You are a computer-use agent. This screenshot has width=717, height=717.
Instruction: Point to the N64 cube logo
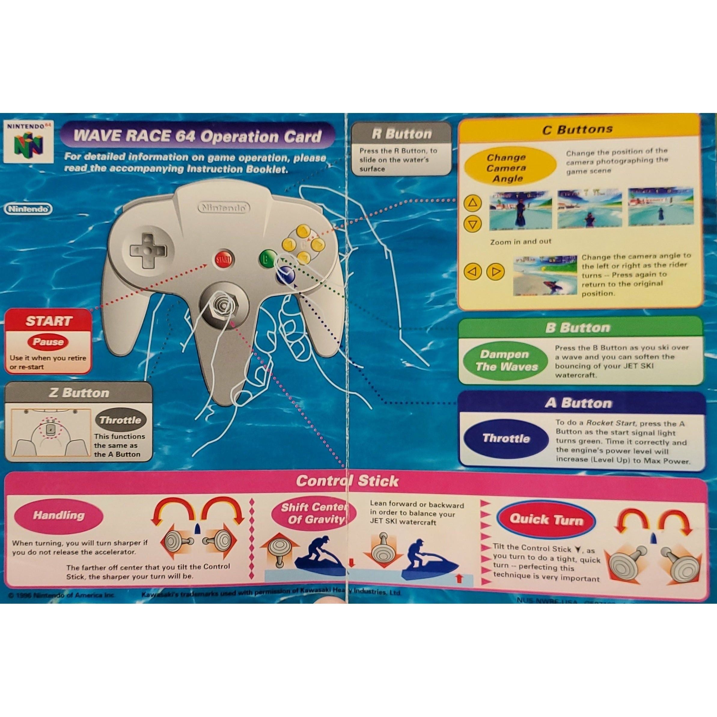(29, 145)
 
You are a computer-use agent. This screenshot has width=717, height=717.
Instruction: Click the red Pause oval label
(48, 341)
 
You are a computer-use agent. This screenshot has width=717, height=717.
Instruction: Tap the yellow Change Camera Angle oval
(506, 168)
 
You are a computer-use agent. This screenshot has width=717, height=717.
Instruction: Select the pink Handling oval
(59, 515)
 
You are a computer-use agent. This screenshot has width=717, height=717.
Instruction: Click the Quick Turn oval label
(546, 520)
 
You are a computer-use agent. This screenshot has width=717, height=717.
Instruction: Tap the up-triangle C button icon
(472, 203)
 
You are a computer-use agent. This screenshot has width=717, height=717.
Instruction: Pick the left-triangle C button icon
(472, 272)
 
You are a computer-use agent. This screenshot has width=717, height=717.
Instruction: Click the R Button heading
(401, 134)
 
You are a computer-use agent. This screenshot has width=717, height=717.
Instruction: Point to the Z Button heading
(79, 393)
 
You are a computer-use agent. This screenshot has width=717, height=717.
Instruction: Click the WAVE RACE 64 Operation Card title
(197, 136)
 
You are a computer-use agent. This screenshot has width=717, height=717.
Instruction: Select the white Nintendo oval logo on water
(28, 209)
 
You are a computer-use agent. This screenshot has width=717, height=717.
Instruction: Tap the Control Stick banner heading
(347, 481)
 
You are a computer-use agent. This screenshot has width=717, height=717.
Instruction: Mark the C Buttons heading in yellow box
(577, 130)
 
